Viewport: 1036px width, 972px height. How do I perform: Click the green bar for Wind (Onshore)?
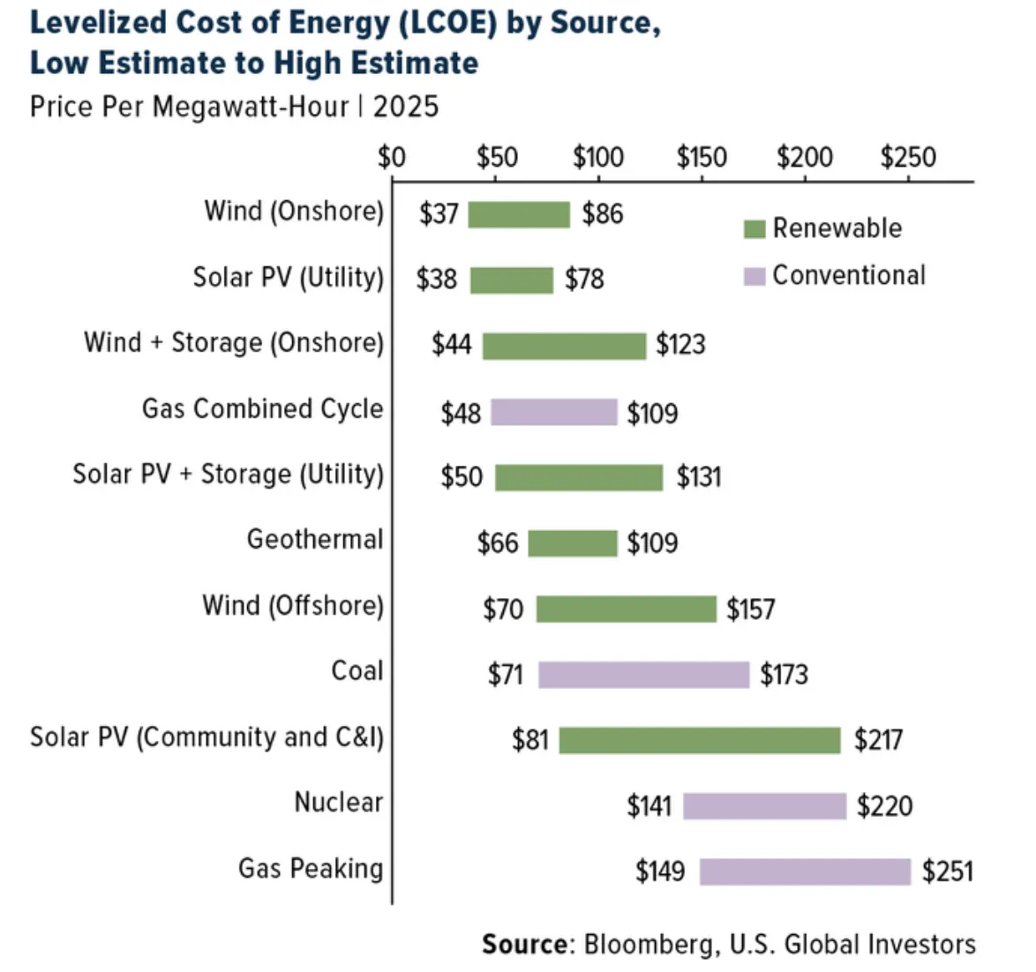coord(519,214)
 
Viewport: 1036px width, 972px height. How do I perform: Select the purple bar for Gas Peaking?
coord(805,871)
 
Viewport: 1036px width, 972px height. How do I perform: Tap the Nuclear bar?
coord(764,805)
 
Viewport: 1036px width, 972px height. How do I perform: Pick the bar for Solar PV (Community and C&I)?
coord(700,740)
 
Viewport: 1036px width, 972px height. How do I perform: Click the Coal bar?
coord(643,675)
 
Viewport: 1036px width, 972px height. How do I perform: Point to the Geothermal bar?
coord(573,543)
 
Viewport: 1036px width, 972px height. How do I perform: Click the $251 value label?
coord(948,871)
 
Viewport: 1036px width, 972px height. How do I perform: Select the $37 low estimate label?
coord(439,214)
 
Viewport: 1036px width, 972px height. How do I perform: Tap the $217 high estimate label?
coord(878,740)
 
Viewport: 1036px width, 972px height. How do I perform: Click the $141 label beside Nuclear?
coord(649,805)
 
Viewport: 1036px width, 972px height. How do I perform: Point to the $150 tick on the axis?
coord(702,158)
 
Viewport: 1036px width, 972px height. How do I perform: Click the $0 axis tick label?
coord(391,158)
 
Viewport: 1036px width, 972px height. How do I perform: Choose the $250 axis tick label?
coord(908,158)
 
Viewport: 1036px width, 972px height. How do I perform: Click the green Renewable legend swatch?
coord(754,229)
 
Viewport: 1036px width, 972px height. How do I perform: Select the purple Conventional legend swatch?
coord(754,277)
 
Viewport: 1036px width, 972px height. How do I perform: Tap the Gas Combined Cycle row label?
coord(262,409)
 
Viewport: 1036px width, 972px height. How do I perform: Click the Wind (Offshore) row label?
coord(293,606)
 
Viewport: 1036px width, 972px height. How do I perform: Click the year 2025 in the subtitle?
coord(406,107)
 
